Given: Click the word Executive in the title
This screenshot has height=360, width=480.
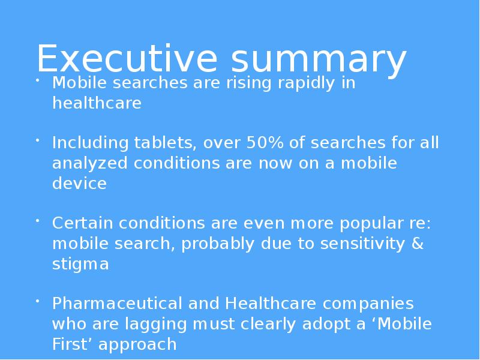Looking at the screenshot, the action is (x=127, y=58).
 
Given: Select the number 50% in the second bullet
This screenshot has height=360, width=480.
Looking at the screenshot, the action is (x=265, y=142).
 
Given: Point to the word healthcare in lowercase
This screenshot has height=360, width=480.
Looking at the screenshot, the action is (x=97, y=102).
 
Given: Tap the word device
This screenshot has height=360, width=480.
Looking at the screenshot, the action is (x=80, y=183).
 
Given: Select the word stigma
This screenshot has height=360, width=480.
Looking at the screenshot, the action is (x=80, y=265).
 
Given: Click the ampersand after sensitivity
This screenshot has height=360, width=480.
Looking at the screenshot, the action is (x=418, y=244).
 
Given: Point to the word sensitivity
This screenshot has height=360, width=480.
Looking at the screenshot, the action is (x=362, y=245).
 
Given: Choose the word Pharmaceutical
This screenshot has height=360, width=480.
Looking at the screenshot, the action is (x=117, y=304).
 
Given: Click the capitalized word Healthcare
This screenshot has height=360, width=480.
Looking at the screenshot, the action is (x=271, y=304).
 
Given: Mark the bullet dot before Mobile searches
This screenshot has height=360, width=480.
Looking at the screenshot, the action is (x=37, y=80).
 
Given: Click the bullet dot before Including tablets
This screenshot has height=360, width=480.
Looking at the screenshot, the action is (x=37, y=140).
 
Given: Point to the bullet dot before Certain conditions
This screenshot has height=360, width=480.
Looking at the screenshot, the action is (x=37, y=220).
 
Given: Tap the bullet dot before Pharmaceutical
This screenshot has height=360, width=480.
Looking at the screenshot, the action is (x=37, y=301).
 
